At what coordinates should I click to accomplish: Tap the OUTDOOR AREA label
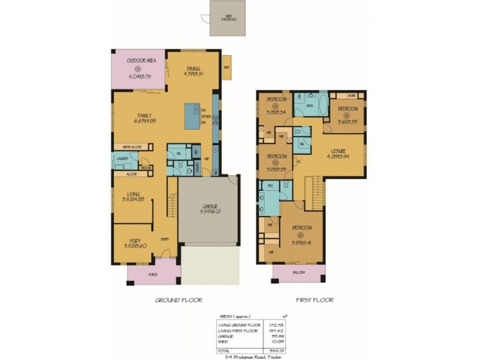(139, 62)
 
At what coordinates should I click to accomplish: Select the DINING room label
(193, 68)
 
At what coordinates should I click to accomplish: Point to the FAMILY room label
(144, 116)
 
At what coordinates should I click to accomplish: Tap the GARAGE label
(209, 206)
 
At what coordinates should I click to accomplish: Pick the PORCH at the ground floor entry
(152, 274)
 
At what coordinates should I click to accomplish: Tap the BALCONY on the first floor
(299, 273)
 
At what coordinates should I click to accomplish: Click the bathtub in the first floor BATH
(323, 104)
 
